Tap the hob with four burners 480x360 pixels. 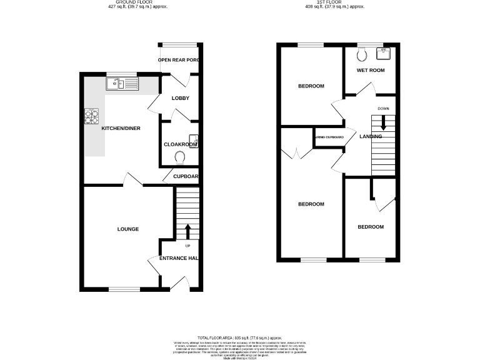point(91,116)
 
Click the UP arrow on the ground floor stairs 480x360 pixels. point(186,231)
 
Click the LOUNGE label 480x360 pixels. point(127,229)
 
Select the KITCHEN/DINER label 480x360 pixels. point(121,129)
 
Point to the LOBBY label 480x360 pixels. point(180,98)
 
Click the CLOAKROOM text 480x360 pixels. point(181,144)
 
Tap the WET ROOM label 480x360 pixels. point(370,70)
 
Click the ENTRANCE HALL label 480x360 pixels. point(179,259)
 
